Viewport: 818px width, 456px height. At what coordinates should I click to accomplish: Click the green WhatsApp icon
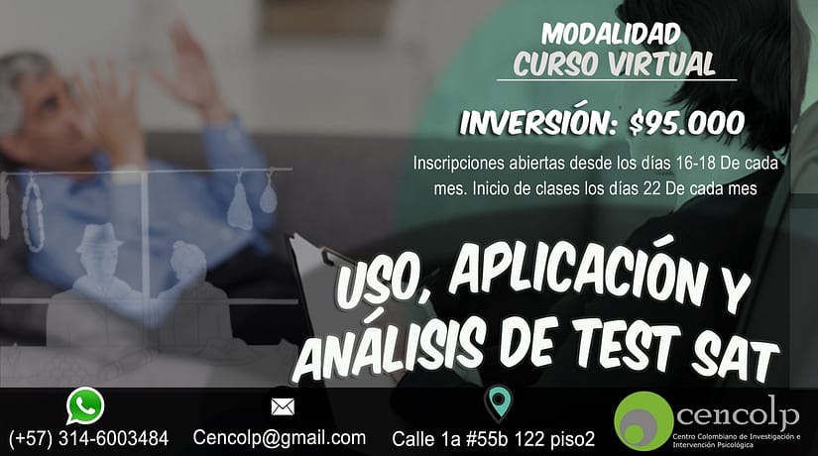pyautogui.click(x=85, y=405)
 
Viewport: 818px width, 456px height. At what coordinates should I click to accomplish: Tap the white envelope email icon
pyautogui.click(x=283, y=407)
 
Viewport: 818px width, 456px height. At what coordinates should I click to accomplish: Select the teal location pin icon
pyautogui.click(x=500, y=402)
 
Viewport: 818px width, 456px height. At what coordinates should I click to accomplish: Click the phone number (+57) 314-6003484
pyautogui.click(x=88, y=438)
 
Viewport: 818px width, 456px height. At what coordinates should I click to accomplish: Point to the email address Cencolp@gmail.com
pyautogui.click(x=279, y=438)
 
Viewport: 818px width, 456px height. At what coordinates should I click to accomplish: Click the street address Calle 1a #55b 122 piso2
pyautogui.click(x=493, y=439)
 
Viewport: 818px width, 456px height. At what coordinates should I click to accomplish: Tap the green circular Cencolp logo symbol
pyautogui.click(x=643, y=420)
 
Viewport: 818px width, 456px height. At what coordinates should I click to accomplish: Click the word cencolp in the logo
pyautogui.click(x=737, y=414)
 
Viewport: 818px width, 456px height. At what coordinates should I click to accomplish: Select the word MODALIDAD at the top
pyautogui.click(x=611, y=34)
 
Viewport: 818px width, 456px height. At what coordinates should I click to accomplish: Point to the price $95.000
pyautogui.click(x=686, y=124)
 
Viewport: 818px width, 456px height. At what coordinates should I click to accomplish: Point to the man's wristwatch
pyautogui.click(x=126, y=173)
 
